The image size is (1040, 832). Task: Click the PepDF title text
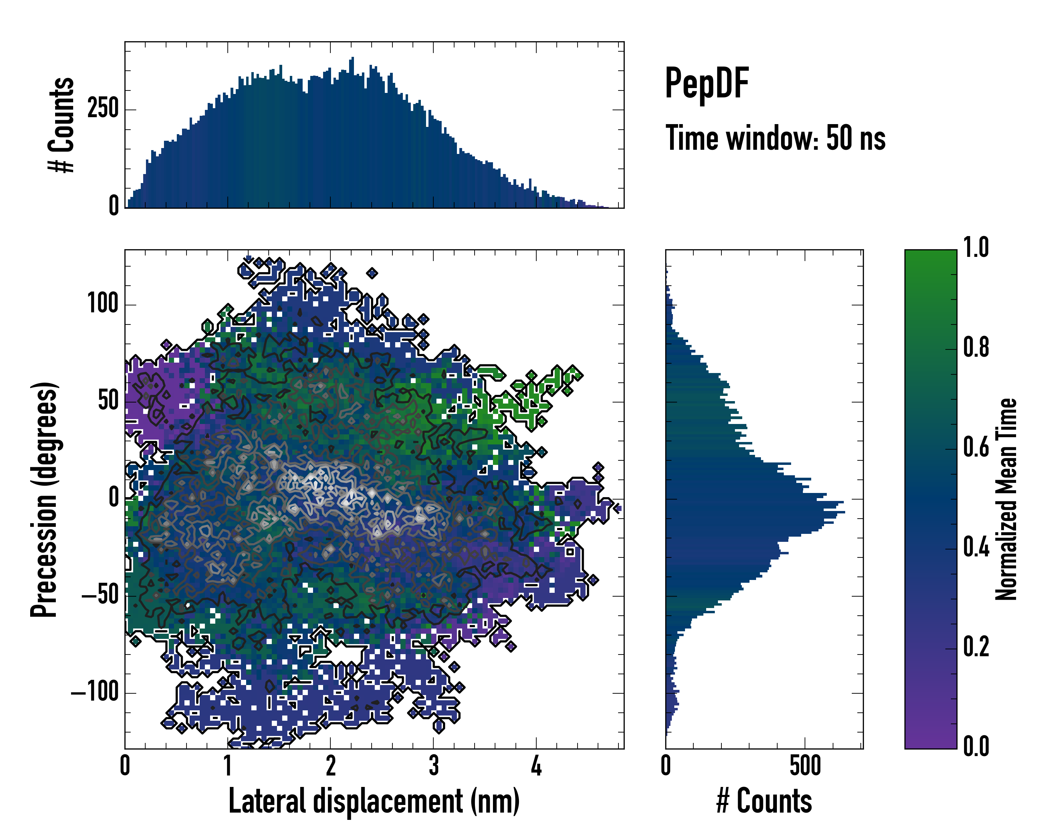pyautogui.click(x=707, y=84)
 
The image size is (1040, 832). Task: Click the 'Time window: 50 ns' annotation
pyautogui.click(x=775, y=138)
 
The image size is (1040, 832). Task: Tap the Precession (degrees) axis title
pyautogui.click(x=44, y=499)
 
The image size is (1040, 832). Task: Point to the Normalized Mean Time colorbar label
pyautogui.click(x=1006, y=499)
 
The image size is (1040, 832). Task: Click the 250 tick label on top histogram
pyautogui.click(x=103, y=108)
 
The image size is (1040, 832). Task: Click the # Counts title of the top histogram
pyautogui.click(x=61, y=125)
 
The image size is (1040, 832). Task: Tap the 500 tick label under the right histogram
pyautogui.click(x=805, y=765)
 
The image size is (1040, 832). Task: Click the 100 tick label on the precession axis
pyautogui.click(x=103, y=304)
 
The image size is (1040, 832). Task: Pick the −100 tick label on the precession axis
pyautogui.click(x=95, y=693)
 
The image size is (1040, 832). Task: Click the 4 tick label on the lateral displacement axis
pyautogui.click(x=536, y=765)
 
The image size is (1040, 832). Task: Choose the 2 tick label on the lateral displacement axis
pyautogui.click(x=330, y=765)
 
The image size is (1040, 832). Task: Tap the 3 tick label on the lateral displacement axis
pyautogui.click(x=433, y=765)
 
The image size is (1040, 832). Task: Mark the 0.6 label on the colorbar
pyautogui.click(x=976, y=448)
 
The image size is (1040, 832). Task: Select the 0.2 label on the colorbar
pyautogui.click(x=976, y=647)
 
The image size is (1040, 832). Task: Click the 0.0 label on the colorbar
pyautogui.click(x=976, y=747)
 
